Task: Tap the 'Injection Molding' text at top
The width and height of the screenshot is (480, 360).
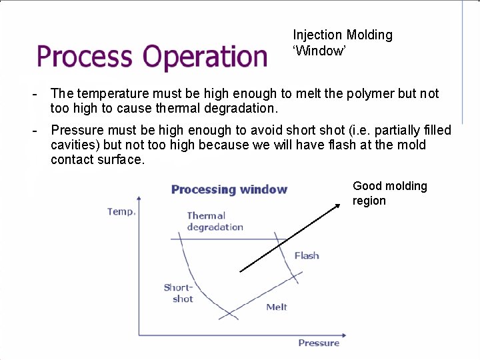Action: point(343,35)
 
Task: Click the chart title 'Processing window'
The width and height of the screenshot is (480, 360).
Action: point(229,189)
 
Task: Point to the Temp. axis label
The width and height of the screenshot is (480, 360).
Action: point(121,211)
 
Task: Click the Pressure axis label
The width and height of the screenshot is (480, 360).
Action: point(319,343)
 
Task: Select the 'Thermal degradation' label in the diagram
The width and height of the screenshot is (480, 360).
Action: point(215,221)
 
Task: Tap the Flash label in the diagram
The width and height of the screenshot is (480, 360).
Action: point(307,255)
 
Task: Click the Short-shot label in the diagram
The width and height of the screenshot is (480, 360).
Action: point(178,293)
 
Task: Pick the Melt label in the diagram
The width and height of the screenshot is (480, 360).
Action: point(277,307)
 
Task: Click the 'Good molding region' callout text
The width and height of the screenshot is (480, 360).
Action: point(389,193)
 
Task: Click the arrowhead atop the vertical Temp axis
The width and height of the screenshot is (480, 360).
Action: point(139,198)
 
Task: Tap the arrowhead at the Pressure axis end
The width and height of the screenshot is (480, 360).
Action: point(347,335)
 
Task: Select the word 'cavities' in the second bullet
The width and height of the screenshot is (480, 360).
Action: point(73,145)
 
